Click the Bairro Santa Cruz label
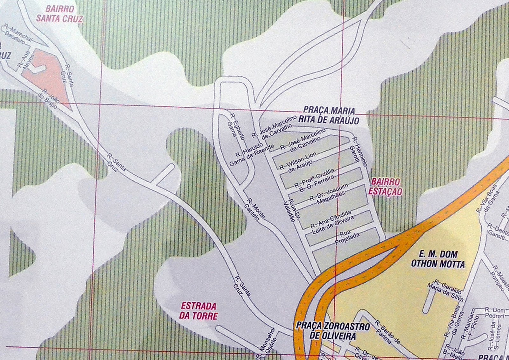[59, 14]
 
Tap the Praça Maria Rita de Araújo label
[331, 116]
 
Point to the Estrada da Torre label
[199, 311]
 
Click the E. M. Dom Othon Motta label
[438, 259]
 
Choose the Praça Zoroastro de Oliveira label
[333, 331]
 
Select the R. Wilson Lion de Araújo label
[298, 162]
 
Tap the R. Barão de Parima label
[387, 332]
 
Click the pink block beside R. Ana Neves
[48, 76]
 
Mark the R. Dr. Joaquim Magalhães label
[330, 194]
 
